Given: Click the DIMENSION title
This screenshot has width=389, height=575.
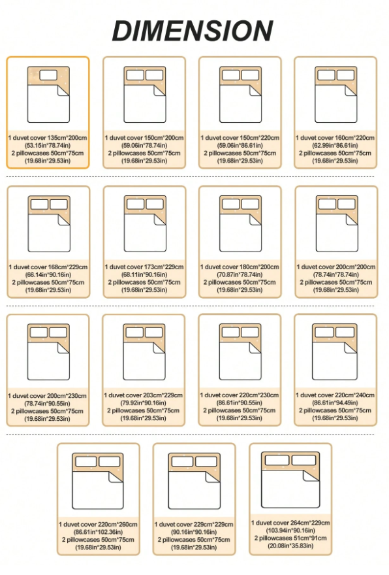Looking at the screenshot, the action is click(x=193, y=31).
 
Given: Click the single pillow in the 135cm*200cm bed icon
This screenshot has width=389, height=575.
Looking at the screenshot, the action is click(x=48, y=75).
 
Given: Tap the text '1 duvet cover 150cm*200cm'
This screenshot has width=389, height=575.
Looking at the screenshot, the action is click(x=144, y=138).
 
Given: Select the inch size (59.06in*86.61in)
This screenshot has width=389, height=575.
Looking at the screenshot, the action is click(x=240, y=146).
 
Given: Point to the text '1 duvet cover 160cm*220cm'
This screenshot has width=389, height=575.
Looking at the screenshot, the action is click(x=335, y=138).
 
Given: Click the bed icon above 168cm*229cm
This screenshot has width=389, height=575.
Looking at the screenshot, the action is click(x=49, y=223).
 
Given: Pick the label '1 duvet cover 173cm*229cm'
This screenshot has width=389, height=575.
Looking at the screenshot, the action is click(x=144, y=267).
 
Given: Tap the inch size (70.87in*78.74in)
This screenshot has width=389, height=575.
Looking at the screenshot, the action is click(x=240, y=274).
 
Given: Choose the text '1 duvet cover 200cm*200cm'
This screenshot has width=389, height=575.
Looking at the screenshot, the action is click(x=336, y=267).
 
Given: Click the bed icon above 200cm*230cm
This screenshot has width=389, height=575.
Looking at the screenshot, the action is click(x=48, y=352).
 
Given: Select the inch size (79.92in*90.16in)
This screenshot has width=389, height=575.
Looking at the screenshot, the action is click(x=143, y=403).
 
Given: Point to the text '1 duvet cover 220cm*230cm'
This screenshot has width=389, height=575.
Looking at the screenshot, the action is click(x=239, y=395).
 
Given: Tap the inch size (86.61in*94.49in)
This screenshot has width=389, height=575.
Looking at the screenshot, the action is click(x=335, y=403).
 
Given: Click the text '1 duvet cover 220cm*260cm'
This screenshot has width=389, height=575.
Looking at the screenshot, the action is click(x=98, y=525).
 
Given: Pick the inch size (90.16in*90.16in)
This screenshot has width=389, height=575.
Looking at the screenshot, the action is click(x=194, y=532).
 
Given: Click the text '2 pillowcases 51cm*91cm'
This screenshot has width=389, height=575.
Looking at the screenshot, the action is click(x=290, y=538).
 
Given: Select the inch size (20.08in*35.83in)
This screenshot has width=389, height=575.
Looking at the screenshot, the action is click(x=290, y=546).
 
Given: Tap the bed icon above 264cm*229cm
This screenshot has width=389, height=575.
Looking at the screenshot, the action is click(x=290, y=480).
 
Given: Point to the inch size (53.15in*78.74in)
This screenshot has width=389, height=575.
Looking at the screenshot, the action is click(x=48, y=146).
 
